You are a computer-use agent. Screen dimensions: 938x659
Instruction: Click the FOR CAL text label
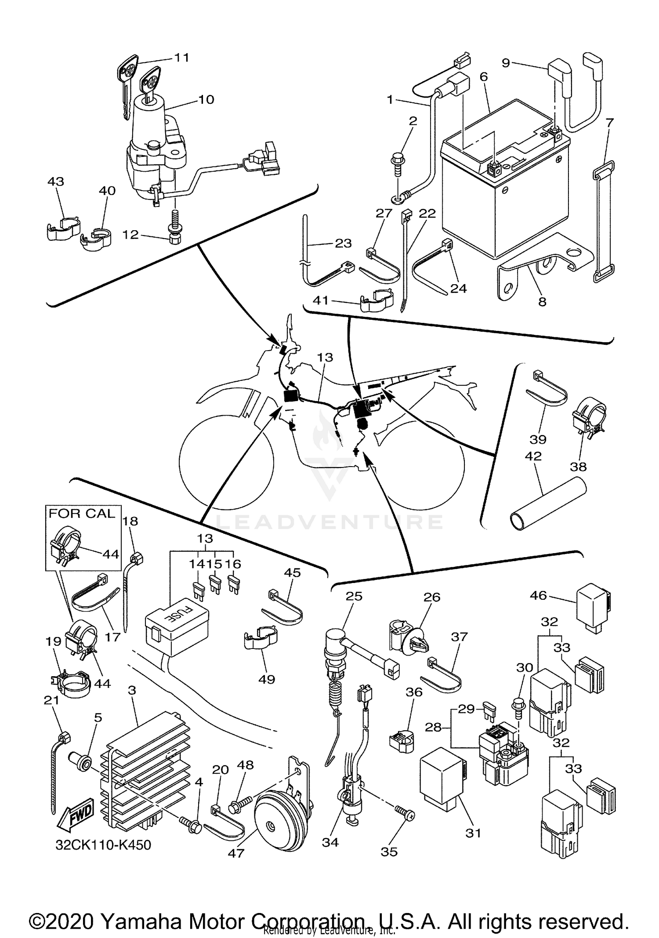click(x=81, y=513)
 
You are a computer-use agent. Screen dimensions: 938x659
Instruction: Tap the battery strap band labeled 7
click(x=604, y=222)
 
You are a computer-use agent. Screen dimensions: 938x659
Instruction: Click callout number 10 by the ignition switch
click(x=206, y=99)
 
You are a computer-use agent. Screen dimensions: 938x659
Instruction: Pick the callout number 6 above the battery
click(x=484, y=76)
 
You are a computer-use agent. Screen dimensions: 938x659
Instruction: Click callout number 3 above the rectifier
click(x=132, y=690)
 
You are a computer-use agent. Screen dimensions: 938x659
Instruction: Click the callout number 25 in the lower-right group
click(x=354, y=596)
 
